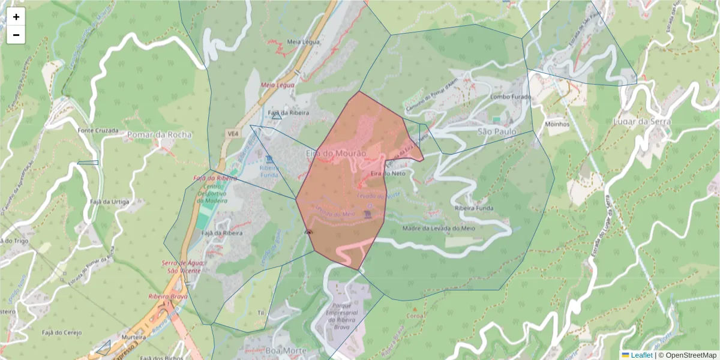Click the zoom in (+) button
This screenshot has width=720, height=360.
pyautogui.click(x=16, y=17)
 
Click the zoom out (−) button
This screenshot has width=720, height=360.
pyautogui.click(x=16, y=35)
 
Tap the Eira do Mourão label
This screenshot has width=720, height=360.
pyautogui.click(x=335, y=154)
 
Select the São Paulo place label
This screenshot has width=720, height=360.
pyautogui.click(x=497, y=131)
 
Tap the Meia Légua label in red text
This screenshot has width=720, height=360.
pyautogui.click(x=277, y=85)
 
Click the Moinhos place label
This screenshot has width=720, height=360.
pyautogui.click(x=557, y=124)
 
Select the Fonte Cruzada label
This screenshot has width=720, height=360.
pyautogui.click(x=96, y=130)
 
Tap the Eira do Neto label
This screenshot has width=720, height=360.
pyautogui.click(x=388, y=173)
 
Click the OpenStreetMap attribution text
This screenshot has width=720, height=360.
pyautogui.click(x=690, y=355)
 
